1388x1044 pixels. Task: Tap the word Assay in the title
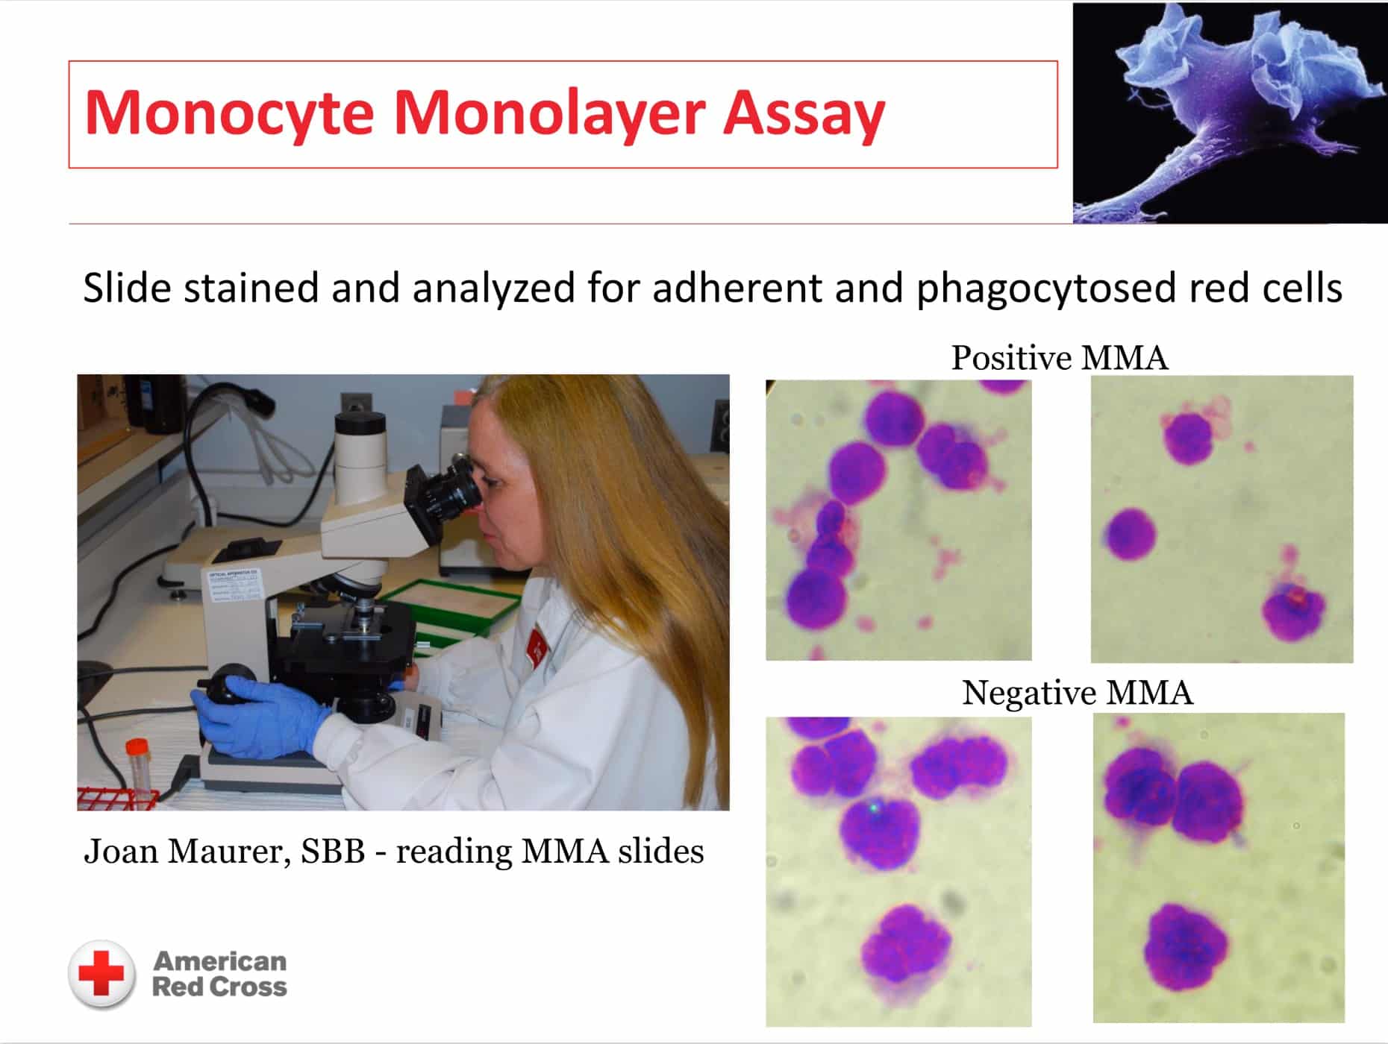coord(804,114)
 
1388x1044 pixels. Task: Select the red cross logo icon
coord(102,975)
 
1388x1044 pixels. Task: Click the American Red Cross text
coord(219,974)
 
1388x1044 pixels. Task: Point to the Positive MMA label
coord(1059,358)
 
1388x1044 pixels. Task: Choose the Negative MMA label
coord(1077,693)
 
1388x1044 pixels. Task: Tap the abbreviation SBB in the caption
coord(333,851)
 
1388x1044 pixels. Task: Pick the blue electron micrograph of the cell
coord(1231,113)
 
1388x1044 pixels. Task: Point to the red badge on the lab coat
coord(537,645)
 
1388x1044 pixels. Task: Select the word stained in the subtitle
coord(251,288)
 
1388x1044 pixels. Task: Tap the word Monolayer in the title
coord(548,114)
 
